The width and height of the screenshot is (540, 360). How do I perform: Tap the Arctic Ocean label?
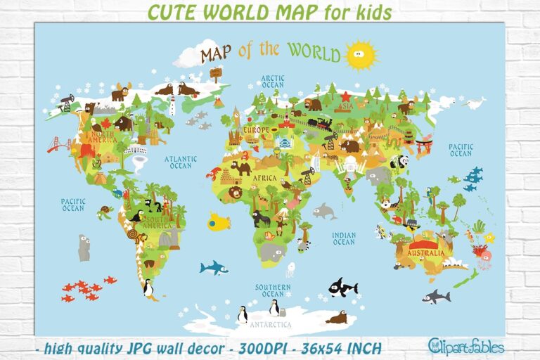272,82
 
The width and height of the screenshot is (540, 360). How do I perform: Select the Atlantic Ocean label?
181,162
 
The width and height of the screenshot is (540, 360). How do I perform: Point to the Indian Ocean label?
344,239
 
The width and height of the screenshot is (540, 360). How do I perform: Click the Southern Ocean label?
273,290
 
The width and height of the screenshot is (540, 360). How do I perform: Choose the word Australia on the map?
426,253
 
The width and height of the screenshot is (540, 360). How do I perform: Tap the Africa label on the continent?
265,179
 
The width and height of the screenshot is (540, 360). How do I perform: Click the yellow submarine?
219,223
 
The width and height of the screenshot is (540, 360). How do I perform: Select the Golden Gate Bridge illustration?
60,144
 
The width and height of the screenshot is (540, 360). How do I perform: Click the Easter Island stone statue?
84,247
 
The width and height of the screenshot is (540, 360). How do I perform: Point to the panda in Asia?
399,162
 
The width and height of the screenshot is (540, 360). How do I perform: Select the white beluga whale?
475,103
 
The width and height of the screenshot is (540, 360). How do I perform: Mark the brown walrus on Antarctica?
337,318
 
